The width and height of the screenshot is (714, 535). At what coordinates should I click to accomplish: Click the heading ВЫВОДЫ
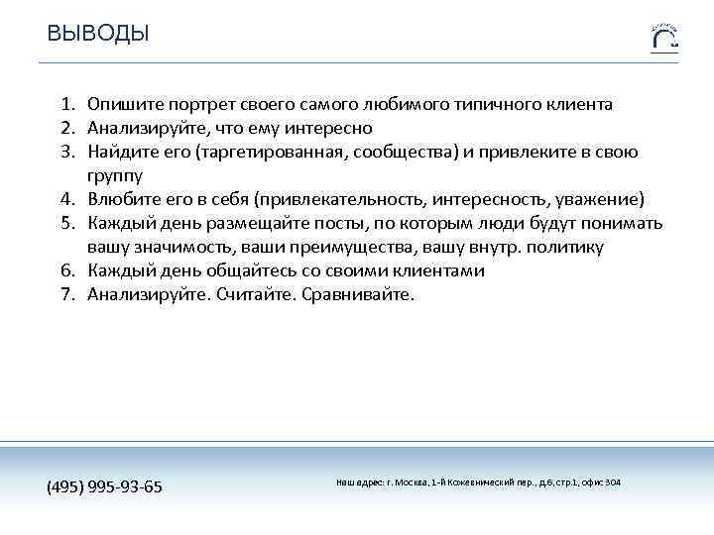98,34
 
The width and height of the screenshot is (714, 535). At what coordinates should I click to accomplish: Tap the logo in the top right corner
664,37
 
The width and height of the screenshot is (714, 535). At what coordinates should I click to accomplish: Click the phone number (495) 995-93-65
105,486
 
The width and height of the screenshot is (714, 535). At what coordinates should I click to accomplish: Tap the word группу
115,175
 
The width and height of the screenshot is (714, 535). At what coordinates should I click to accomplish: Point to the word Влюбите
121,199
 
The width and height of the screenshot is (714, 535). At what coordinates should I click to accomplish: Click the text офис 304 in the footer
600,481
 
